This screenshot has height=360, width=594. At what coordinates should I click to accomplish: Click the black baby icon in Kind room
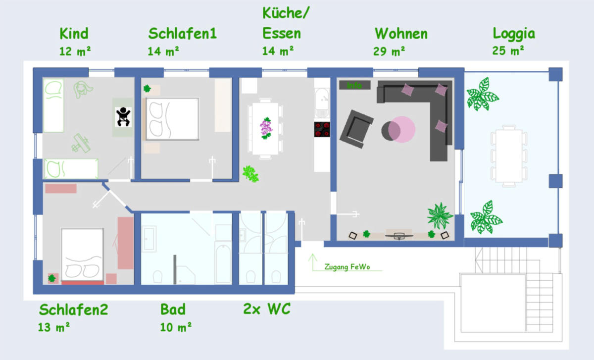[x=123, y=117]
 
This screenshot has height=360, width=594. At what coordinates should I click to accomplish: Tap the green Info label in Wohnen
[x=354, y=85]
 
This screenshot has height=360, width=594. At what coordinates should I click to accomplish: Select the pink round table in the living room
[x=401, y=129]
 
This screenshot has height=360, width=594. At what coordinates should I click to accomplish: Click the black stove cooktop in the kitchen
[x=322, y=129]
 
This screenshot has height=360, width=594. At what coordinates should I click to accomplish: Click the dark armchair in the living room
[x=356, y=129]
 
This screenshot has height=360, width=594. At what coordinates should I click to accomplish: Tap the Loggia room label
[x=514, y=34]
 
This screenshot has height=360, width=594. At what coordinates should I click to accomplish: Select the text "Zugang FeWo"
[x=347, y=266]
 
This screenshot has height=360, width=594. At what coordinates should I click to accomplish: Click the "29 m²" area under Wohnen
[x=389, y=51]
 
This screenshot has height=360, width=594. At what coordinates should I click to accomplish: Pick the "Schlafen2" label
[x=73, y=309]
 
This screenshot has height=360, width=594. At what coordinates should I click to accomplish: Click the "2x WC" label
[x=267, y=309]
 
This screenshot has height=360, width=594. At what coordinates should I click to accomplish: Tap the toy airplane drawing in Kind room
[x=81, y=143]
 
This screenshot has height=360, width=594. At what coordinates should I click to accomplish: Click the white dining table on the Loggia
[x=509, y=155]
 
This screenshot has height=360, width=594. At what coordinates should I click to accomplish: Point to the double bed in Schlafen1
[x=172, y=119]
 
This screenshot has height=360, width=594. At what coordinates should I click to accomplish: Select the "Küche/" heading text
[x=286, y=13]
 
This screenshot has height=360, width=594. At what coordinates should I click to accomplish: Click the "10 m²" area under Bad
[x=176, y=327]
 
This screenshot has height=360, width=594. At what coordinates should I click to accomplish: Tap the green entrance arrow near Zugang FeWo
[x=313, y=262]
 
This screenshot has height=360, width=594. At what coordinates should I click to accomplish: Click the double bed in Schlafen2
[x=82, y=255]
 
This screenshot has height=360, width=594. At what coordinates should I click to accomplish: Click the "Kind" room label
[x=74, y=34]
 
